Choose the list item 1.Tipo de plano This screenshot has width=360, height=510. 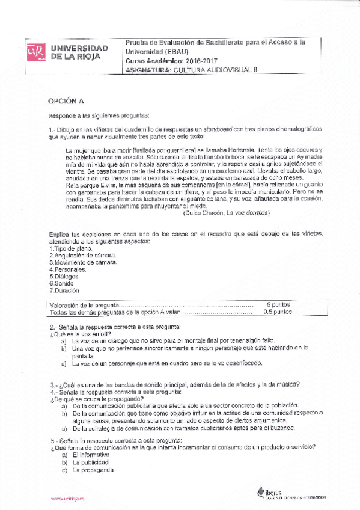point(71,248)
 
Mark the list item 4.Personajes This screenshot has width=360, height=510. point(67,269)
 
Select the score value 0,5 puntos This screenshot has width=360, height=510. point(278,312)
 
